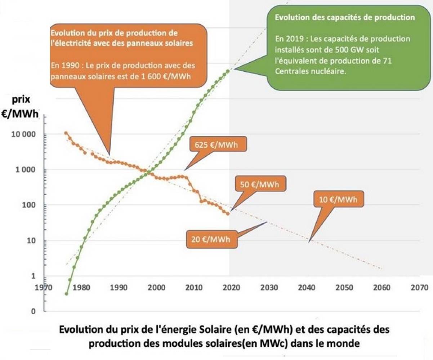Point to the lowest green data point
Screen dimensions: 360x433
pos(66,294)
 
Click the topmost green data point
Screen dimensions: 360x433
pos(228,71)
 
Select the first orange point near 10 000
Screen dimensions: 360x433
pos(66,133)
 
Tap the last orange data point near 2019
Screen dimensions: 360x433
pos(228,214)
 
